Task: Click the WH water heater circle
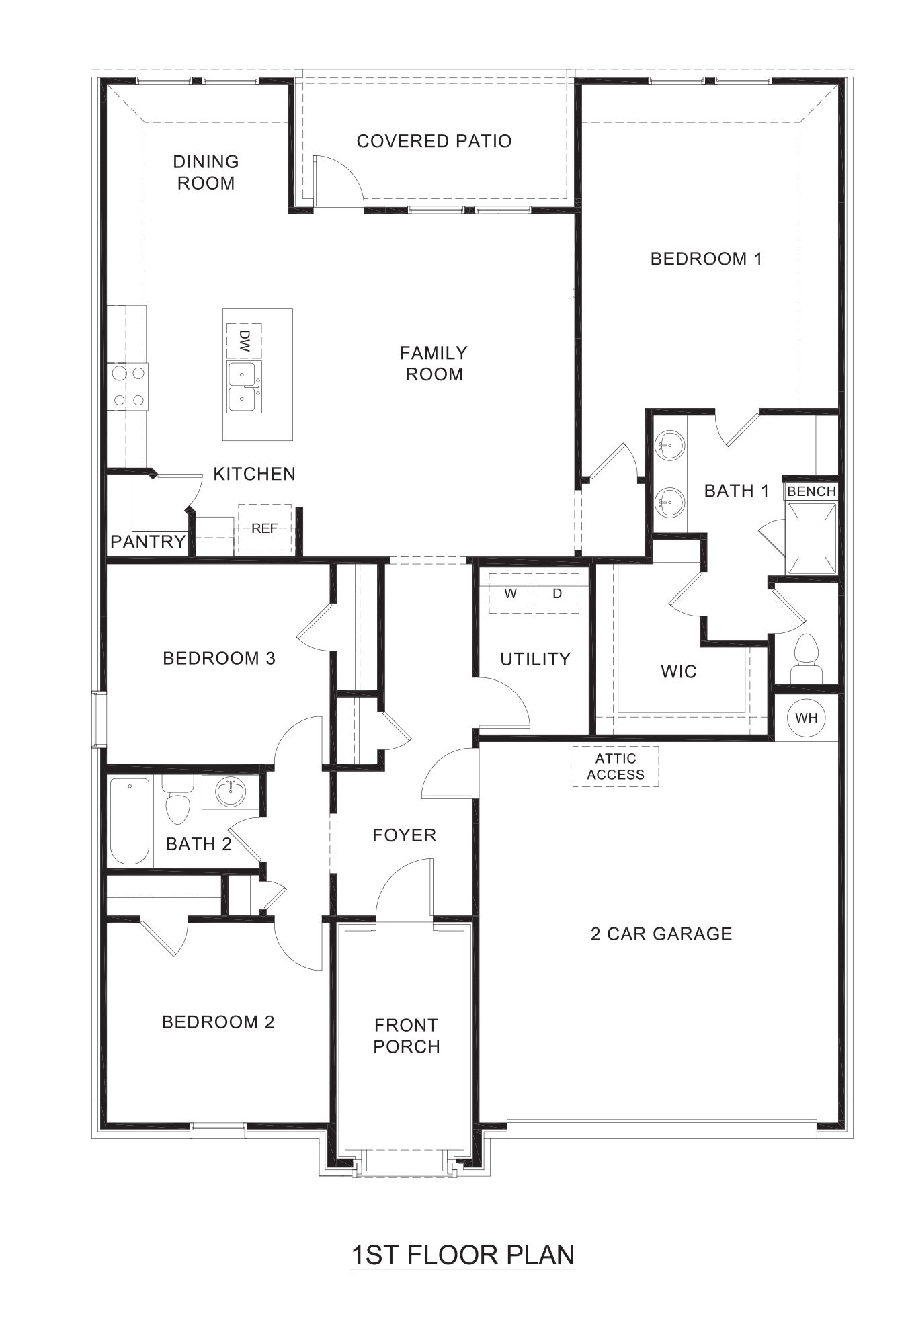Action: point(806,718)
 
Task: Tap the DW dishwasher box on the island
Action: point(244,341)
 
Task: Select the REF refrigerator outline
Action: point(265,528)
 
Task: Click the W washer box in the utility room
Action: point(510,593)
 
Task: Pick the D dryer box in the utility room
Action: point(557,593)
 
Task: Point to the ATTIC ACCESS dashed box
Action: point(616,766)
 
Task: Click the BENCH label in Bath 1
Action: point(811,491)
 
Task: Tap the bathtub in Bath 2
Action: point(129,821)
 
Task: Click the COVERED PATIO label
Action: point(434,141)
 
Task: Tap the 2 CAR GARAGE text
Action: point(661,934)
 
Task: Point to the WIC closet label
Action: point(678,671)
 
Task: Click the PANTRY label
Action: point(148,542)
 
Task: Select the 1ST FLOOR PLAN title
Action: point(463,1255)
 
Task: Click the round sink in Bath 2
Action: point(231,792)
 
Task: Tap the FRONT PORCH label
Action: point(407,1036)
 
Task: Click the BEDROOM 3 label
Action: point(219,658)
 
